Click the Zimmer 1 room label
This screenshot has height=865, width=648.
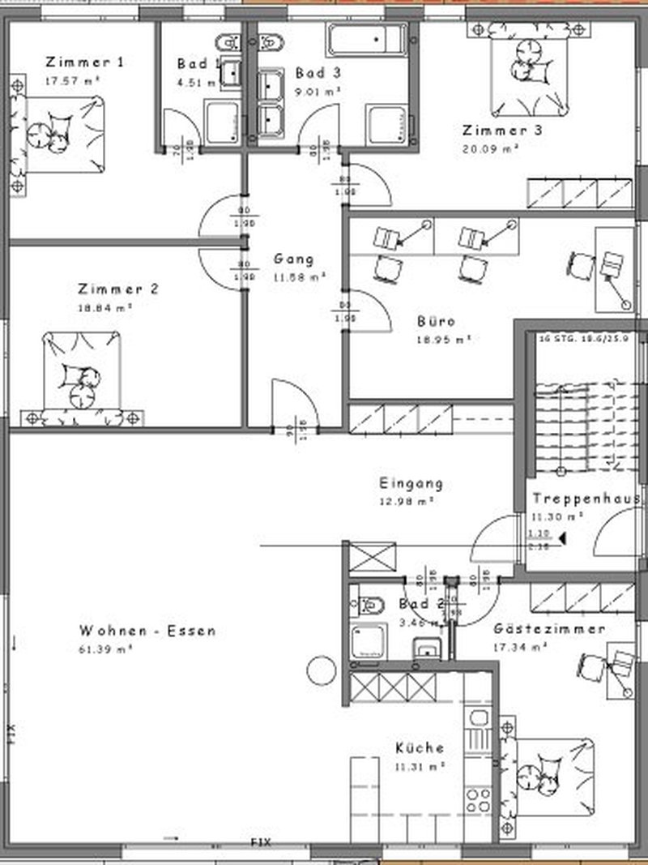pos(86,62)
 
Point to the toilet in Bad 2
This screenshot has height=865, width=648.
pos(371,605)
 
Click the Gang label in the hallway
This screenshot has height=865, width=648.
pos(293,259)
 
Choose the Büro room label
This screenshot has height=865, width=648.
pos(436,321)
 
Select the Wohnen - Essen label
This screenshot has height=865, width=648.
pos(147,631)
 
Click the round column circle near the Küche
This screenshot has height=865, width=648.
pos(320,670)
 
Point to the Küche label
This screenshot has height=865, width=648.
pos(420,747)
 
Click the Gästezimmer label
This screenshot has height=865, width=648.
pos(549,629)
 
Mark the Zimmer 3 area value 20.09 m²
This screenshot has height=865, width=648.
pos(489,148)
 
